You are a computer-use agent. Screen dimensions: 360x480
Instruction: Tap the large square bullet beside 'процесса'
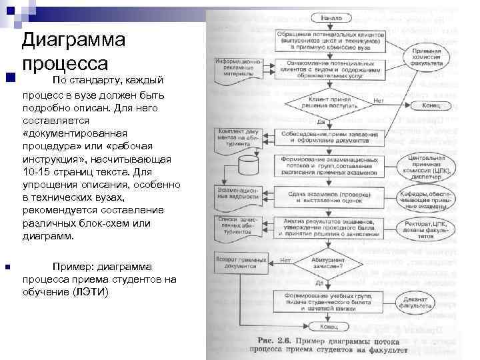[x=9, y=78]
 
